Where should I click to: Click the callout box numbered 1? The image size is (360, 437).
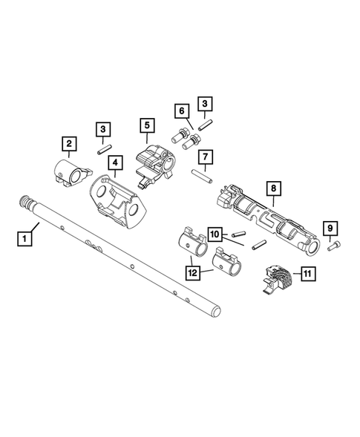26,238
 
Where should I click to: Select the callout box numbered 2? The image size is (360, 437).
68,142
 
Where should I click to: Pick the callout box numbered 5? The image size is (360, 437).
146,126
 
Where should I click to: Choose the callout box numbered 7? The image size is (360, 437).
204,157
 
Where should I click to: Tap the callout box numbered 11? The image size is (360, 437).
305,274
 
